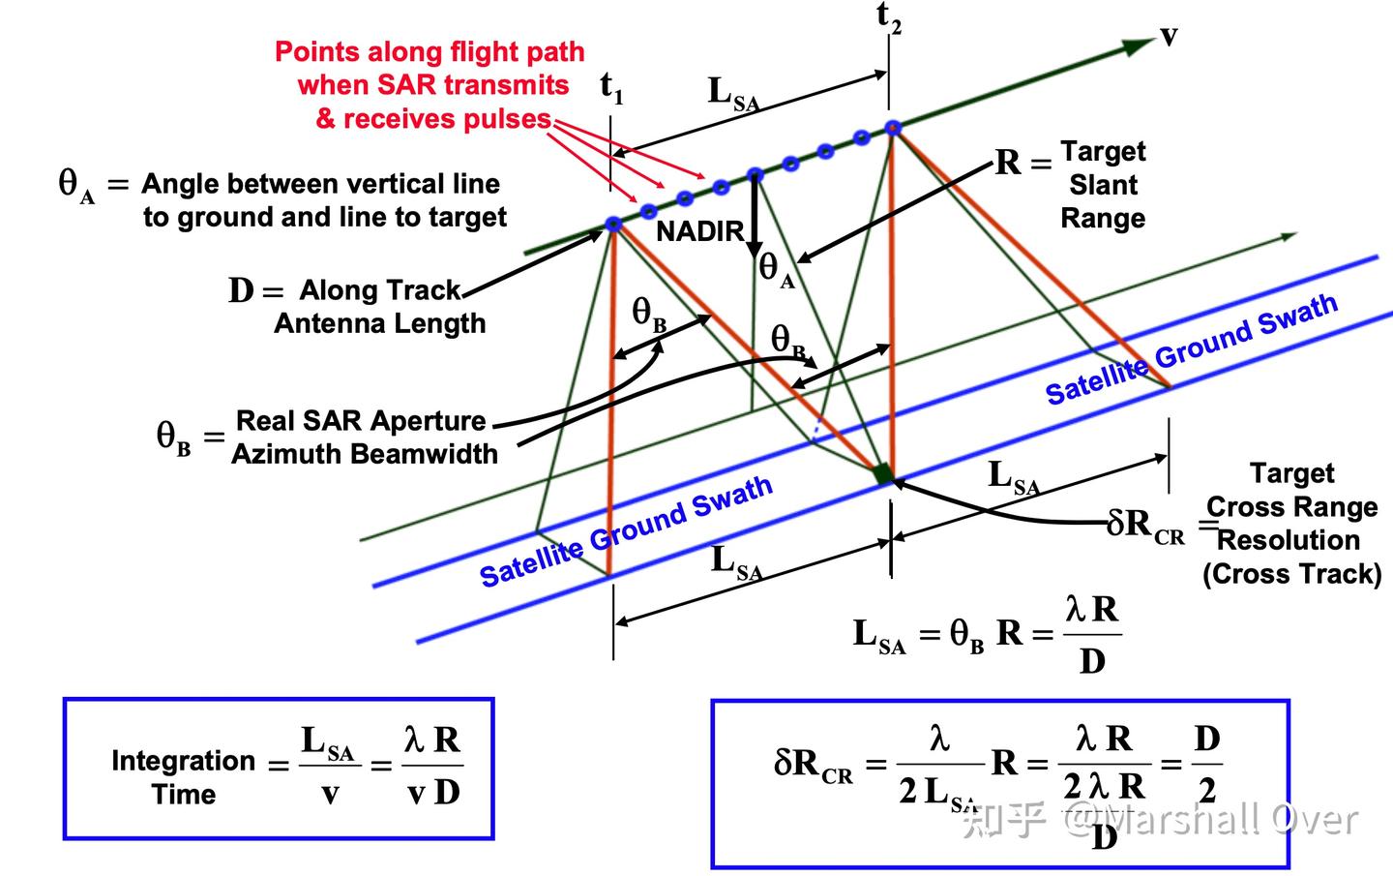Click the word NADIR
[x=700, y=231]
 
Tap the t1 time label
[x=611, y=87]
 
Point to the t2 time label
[x=889, y=17]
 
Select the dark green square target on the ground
[x=883, y=473]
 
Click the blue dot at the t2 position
[x=893, y=128]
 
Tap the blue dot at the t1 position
[x=613, y=224]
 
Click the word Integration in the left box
[x=184, y=761]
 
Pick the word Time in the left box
[x=184, y=795]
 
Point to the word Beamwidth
[x=424, y=454]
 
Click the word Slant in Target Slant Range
[x=1103, y=185]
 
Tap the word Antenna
[x=329, y=323]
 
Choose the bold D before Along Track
[x=241, y=290]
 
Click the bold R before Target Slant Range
[x=1008, y=163]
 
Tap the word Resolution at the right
[x=1289, y=540]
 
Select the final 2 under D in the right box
[x=1207, y=792]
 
